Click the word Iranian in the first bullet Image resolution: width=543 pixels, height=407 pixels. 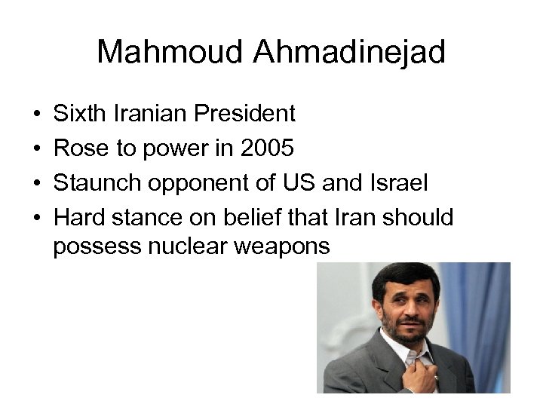tap(148, 114)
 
